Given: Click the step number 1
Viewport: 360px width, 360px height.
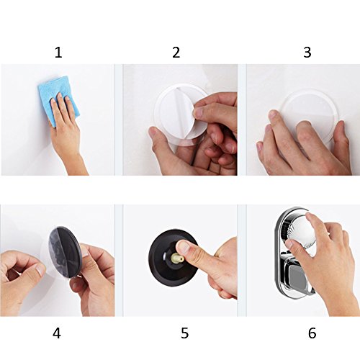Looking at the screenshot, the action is tap(58, 53).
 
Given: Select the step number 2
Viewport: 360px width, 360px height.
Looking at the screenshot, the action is tap(176, 53).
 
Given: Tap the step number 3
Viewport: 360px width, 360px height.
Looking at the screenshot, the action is tap(307, 53).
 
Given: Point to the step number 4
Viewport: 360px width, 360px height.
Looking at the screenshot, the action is tap(57, 333).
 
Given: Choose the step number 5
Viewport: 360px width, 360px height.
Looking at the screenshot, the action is tap(184, 333).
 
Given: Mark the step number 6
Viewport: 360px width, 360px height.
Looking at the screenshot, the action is tap(312, 333).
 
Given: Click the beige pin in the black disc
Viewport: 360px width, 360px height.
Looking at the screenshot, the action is tap(178, 258).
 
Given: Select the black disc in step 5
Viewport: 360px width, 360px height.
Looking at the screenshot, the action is tap(171, 258).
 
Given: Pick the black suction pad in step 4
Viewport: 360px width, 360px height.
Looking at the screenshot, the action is tap(64, 253).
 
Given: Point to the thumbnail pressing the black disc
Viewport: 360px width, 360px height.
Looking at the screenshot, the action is tap(184, 247).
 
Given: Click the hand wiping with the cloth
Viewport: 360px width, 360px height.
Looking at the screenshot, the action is tap(66, 131).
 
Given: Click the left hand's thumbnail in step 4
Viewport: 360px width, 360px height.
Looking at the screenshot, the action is tap(40, 270).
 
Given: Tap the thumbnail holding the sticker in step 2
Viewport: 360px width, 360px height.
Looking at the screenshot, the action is tap(199, 112).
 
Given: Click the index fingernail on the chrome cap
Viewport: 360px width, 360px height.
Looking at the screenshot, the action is tap(289, 244).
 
